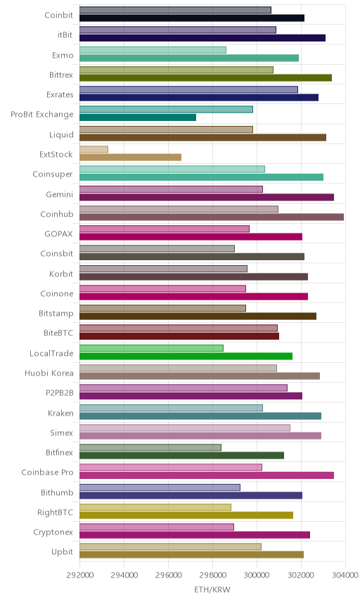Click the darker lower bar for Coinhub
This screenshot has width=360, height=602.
tap(212, 217)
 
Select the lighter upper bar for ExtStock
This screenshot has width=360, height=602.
tap(94, 149)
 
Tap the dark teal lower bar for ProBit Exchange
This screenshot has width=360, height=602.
tap(138, 117)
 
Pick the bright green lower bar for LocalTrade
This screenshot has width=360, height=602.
tap(186, 356)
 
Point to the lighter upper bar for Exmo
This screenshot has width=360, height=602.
tap(153, 50)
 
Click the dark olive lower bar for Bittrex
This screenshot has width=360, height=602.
tap(206, 77)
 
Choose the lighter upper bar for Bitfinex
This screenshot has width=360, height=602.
tap(150, 447)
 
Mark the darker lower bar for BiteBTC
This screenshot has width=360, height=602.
tap(179, 336)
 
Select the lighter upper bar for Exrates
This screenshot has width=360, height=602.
tap(188, 89)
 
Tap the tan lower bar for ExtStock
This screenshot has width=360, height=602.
tap(131, 157)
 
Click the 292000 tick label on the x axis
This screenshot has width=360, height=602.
tap(79, 575)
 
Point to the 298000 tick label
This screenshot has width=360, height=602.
tap(212, 575)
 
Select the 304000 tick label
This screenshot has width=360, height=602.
tap(345, 575)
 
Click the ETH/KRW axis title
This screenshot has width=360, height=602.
tap(212, 589)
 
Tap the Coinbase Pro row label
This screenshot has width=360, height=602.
tap(47, 472)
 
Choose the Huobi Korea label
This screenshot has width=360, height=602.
tap(49, 373)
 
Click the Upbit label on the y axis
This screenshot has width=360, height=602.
tap(62, 551)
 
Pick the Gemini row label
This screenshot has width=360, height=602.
tap(60, 194)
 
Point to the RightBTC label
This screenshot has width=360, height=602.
tap(55, 512)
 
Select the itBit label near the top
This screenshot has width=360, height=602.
tap(65, 35)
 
